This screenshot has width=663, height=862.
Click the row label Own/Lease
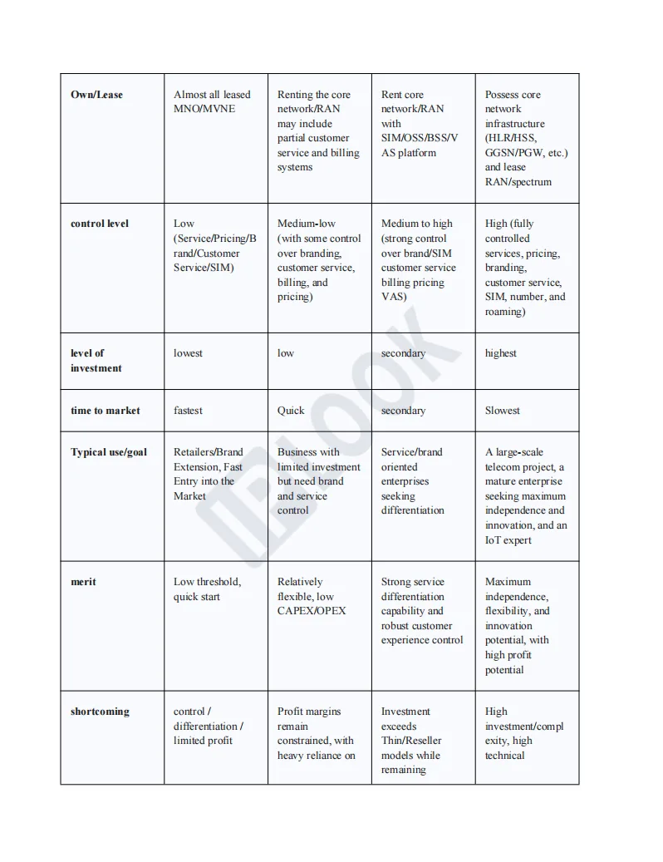pos(96,95)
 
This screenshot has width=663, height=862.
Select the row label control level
pos(100,224)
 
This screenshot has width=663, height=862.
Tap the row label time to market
pos(106,411)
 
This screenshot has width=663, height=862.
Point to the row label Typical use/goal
pos(109,452)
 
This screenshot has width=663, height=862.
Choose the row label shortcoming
pos(100,712)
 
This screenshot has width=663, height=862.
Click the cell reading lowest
pos(188,353)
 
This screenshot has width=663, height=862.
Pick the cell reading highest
pos(501,353)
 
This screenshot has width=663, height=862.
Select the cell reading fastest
pos(188,411)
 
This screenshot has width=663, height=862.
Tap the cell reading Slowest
pos(503,411)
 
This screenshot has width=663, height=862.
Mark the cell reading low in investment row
pos(286,353)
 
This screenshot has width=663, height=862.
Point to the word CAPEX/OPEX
pos(312,611)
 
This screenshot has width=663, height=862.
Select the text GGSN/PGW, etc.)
pos(527,153)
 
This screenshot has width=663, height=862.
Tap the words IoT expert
pos(508,540)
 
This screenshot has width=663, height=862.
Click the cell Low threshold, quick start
pos(207,589)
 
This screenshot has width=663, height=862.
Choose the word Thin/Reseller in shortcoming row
pos(411,741)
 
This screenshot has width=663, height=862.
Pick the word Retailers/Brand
pos(209,452)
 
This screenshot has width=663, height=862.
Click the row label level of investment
pos(96,361)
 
